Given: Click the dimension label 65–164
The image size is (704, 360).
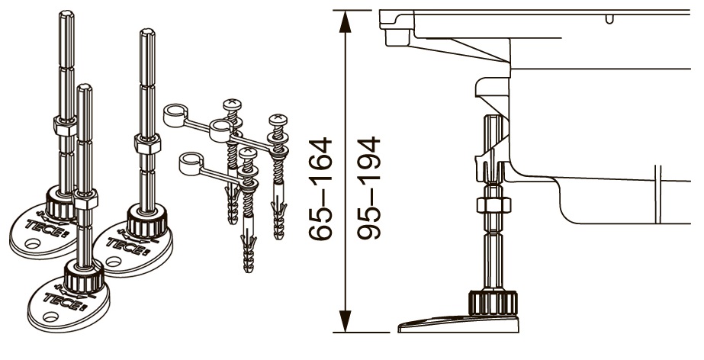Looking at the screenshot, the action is [320, 188].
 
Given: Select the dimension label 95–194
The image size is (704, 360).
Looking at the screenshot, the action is [368, 188].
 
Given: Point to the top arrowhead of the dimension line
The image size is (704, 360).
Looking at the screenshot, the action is [345, 21].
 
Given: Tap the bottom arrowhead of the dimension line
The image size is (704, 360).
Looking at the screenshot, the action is [345, 321].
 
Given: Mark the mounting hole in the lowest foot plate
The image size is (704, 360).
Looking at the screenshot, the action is [50, 317].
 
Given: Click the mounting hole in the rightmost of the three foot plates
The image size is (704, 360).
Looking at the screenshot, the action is [113, 262].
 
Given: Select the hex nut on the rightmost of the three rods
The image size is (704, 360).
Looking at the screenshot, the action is [147, 143].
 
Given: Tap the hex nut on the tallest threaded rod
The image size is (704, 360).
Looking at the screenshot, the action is [66, 126].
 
